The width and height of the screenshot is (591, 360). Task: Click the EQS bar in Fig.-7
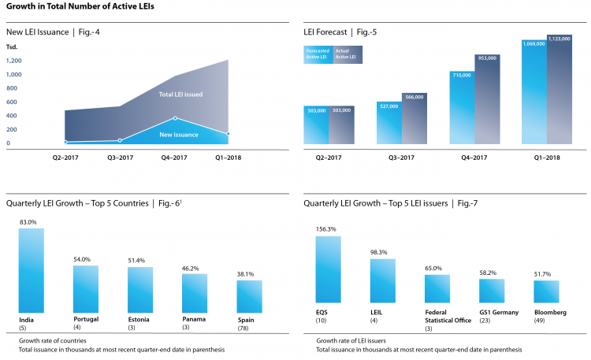coord(329,269)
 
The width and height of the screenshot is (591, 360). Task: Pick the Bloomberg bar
coord(546,292)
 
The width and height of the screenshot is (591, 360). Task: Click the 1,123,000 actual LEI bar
coord(559,89)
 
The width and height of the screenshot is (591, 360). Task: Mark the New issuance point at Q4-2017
coord(175,118)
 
